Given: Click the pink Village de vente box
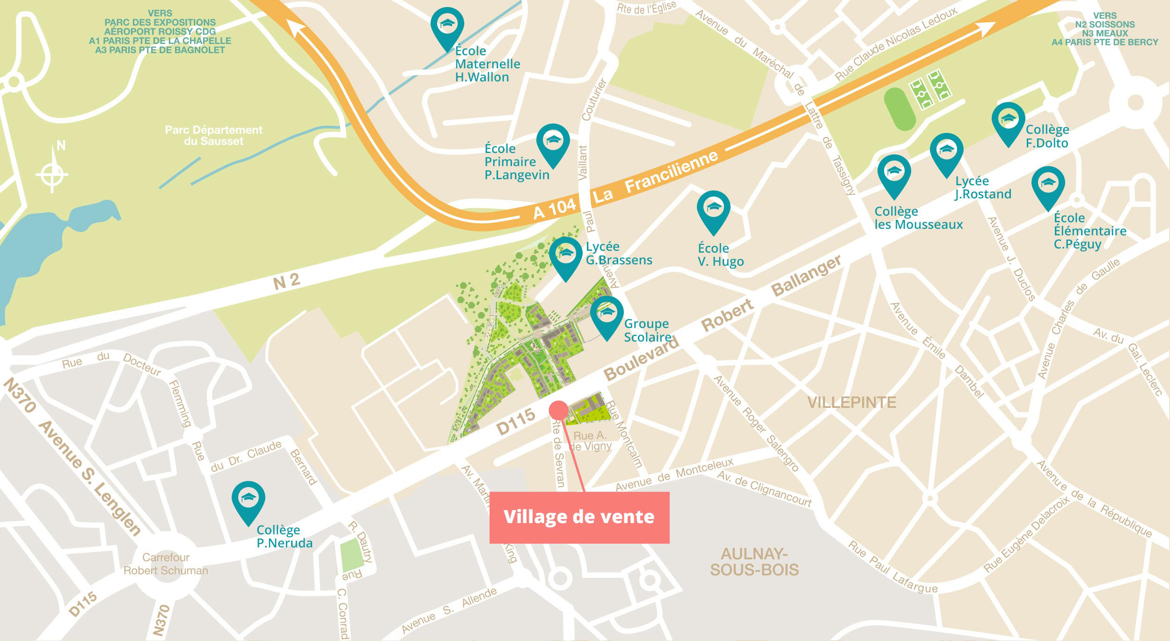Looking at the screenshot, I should [579, 517].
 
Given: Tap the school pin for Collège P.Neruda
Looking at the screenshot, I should [248, 500].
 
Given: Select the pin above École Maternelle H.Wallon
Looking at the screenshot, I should [447, 26].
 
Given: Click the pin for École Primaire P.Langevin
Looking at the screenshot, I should [553, 142].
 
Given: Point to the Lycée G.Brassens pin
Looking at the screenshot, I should [566, 255].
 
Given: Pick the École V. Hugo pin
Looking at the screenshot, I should [713, 209].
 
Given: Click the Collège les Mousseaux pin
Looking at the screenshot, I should [894, 174].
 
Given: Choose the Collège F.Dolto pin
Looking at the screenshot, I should [1008, 121].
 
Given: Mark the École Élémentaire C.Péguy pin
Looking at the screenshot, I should [1048, 185].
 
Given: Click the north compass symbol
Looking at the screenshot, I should [52, 174].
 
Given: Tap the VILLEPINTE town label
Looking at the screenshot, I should [851, 403].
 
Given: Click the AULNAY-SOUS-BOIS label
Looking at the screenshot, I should [754, 562].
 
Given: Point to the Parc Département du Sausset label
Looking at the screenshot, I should [213, 135].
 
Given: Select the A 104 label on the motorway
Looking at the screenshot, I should [555, 209].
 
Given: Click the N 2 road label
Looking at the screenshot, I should [286, 282].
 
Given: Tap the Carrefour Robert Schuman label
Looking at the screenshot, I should [166, 564].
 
